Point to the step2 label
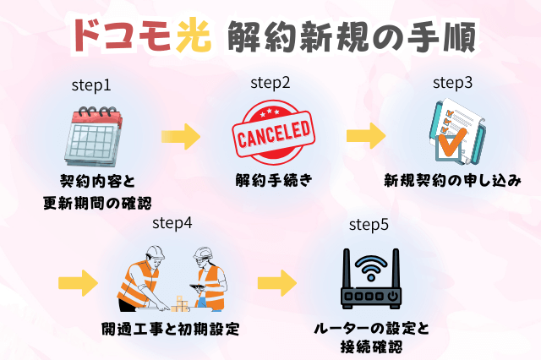pyautogui.click(x=270, y=83)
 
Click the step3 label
pyautogui.click(x=452, y=83)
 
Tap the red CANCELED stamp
pyautogui.click(x=272, y=134)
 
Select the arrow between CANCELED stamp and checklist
pyautogui.click(x=364, y=135)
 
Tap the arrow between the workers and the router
pyautogui.click(x=276, y=281)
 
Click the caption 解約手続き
pyautogui.click(x=272, y=180)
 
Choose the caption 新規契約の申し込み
pyautogui.click(x=452, y=180)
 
